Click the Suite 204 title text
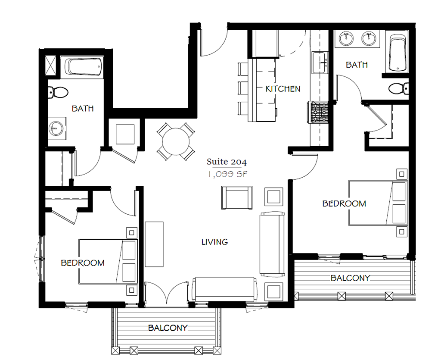[227, 163]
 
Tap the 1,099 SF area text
[227, 174]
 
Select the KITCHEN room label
[283, 89]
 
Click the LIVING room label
[214, 242]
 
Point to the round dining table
[175, 141]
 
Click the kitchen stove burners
[319, 112]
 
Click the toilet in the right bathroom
[398, 88]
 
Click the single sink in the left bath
[55, 128]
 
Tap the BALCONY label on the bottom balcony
[168, 328]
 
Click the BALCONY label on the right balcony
[350, 278]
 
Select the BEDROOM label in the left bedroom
[83, 263]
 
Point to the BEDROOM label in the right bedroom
[344, 203]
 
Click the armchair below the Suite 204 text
[236, 197]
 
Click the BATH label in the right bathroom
[357, 65]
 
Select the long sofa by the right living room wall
[272, 244]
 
